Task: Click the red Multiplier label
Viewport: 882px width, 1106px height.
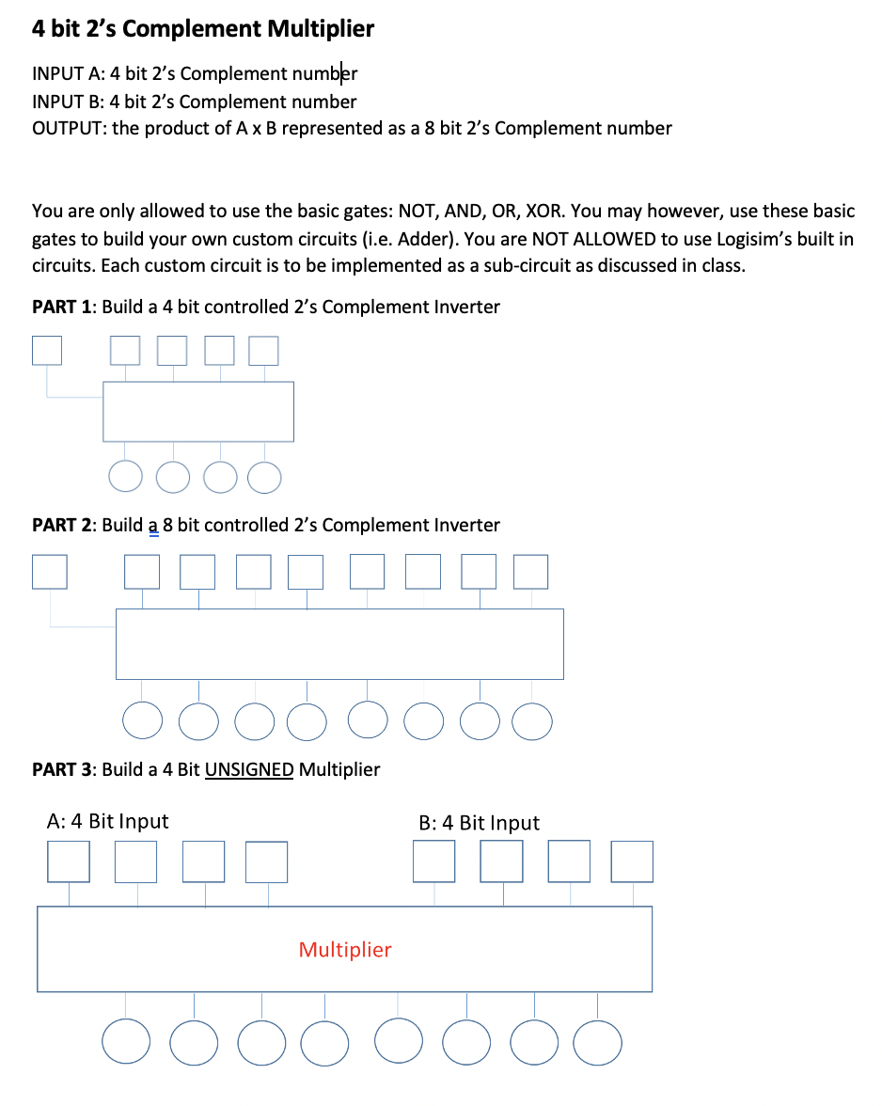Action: click(x=344, y=950)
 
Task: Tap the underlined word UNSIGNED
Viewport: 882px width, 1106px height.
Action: click(x=249, y=769)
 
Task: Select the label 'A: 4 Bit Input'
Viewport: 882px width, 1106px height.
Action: click(x=107, y=821)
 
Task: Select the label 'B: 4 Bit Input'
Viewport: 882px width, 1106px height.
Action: click(x=479, y=823)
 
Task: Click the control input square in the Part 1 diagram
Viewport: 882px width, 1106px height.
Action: click(x=47, y=350)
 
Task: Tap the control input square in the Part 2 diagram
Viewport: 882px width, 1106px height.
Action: click(x=50, y=571)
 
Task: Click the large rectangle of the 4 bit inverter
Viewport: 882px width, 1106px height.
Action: click(x=197, y=411)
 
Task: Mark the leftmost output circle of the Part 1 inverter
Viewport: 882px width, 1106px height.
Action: click(x=125, y=477)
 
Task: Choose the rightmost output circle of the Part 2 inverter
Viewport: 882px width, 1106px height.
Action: click(x=533, y=722)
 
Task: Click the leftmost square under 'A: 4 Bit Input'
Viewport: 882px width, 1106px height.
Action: click(x=69, y=861)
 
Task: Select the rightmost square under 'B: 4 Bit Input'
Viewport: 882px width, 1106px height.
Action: click(x=631, y=861)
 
